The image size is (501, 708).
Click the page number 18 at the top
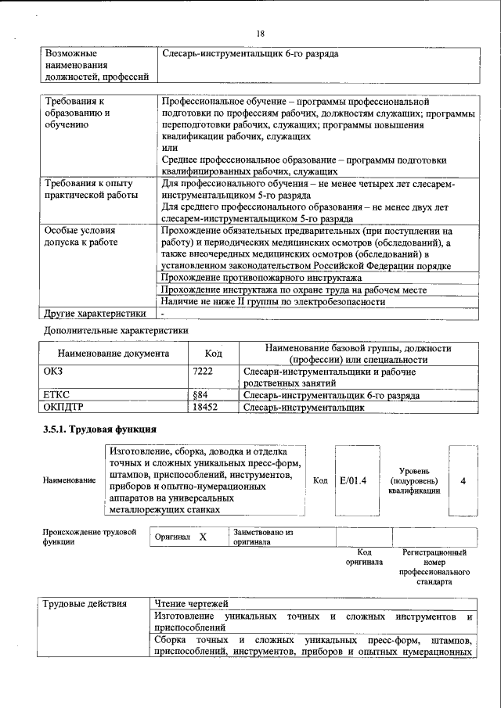[x=261, y=33]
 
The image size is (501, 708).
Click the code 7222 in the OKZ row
[x=203, y=372]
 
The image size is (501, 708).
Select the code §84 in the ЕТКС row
[x=199, y=396]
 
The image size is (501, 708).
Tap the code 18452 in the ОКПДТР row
[x=204, y=408]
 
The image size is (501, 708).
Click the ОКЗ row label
[x=56, y=372]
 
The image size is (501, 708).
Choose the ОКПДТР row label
[x=63, y=408]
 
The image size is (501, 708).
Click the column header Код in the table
[x=213, y=354]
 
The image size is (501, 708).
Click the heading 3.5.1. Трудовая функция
[x=99, y=429]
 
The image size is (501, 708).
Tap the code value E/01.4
[x=354, y=480]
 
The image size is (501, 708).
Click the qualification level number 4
[x=463, y=480]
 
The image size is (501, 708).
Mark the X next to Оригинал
[x=203, y=537]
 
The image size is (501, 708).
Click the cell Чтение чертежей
[x=191, y=603]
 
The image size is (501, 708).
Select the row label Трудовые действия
[x=82, y=603]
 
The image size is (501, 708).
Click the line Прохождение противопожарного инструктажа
[x=261, y=278]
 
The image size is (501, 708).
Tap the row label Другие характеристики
[x=96, y=314]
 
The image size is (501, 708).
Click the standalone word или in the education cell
[x=168, y=148]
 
